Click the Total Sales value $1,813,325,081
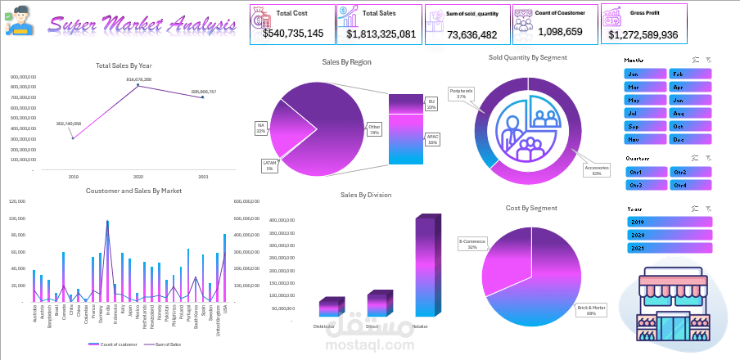(381, 34)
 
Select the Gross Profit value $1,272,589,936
(643, 35)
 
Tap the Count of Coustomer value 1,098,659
(561, 32)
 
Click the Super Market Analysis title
(142, 25)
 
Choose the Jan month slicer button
(645, 74)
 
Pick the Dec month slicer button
(690, 139)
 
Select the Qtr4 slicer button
(690, 185)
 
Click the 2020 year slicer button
(670, 235)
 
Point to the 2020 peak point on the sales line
(138, 85)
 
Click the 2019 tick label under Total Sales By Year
(73, 177)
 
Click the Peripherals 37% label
(461, 93)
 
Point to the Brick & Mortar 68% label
(591, 311)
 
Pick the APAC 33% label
(431, 138)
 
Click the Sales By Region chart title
(346, 62)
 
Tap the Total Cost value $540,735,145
(293, 34)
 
